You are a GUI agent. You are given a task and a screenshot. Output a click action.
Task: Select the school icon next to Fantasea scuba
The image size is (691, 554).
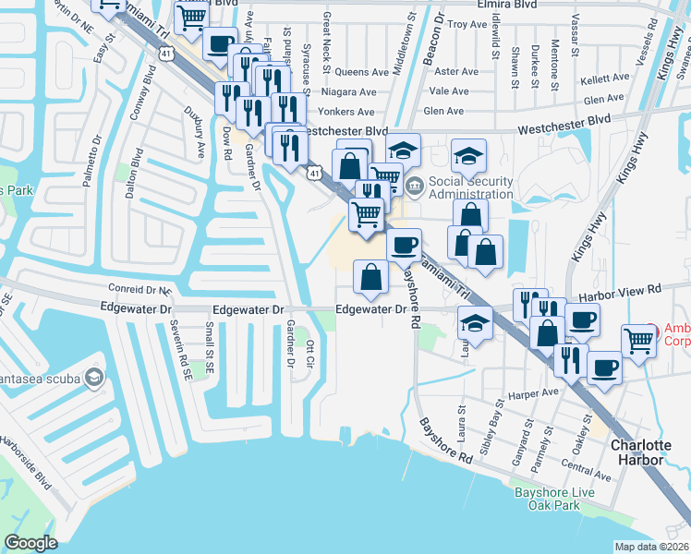point(93,378)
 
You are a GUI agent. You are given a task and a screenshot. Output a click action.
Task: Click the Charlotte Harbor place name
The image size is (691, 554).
point(642,452)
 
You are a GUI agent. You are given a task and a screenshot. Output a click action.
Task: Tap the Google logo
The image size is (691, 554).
point(30,543)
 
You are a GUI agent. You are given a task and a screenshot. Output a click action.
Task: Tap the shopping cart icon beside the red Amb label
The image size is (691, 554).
point(639,341)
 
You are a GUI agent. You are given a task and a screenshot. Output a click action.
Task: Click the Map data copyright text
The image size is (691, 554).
point(652,547)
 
